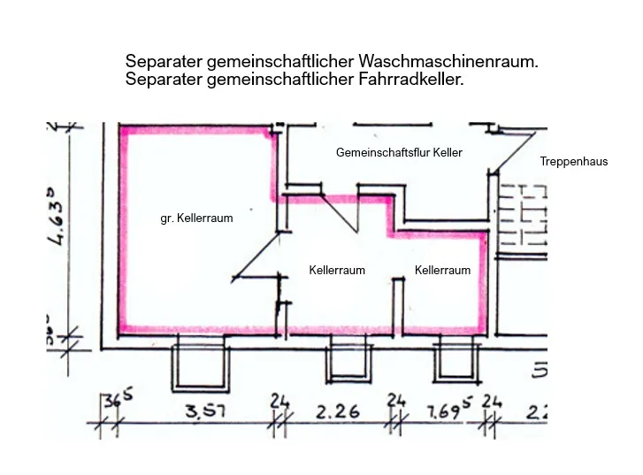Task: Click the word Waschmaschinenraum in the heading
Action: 448,62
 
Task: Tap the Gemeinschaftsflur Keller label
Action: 399,152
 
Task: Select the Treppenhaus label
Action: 573,162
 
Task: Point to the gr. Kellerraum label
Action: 196,218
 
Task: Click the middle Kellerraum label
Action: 336,270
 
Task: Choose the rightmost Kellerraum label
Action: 442,270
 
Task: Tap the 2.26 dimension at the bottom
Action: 335,411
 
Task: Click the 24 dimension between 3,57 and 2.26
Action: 279,402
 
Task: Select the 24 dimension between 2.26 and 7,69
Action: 396,402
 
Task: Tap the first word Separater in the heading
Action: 163,62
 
